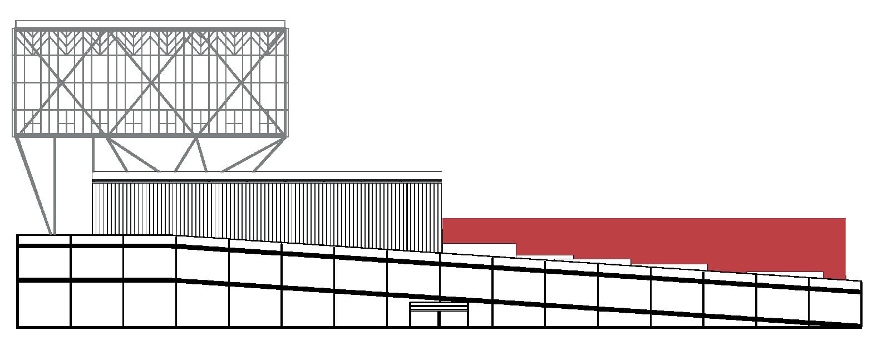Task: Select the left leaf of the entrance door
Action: tap(425, 318)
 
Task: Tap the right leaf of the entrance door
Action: tap(454, 318)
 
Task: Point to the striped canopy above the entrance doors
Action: tap(439, 306)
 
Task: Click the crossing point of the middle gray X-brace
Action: tap(151, 83)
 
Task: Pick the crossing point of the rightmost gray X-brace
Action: tap(242, 83)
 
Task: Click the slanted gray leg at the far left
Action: tap(35, 186)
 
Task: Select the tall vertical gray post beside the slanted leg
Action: tap(55, 186)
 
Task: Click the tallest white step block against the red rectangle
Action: tap(479, 249)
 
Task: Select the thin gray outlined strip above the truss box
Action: tap(150, 24)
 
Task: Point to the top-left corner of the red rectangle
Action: tap(443, 219)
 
